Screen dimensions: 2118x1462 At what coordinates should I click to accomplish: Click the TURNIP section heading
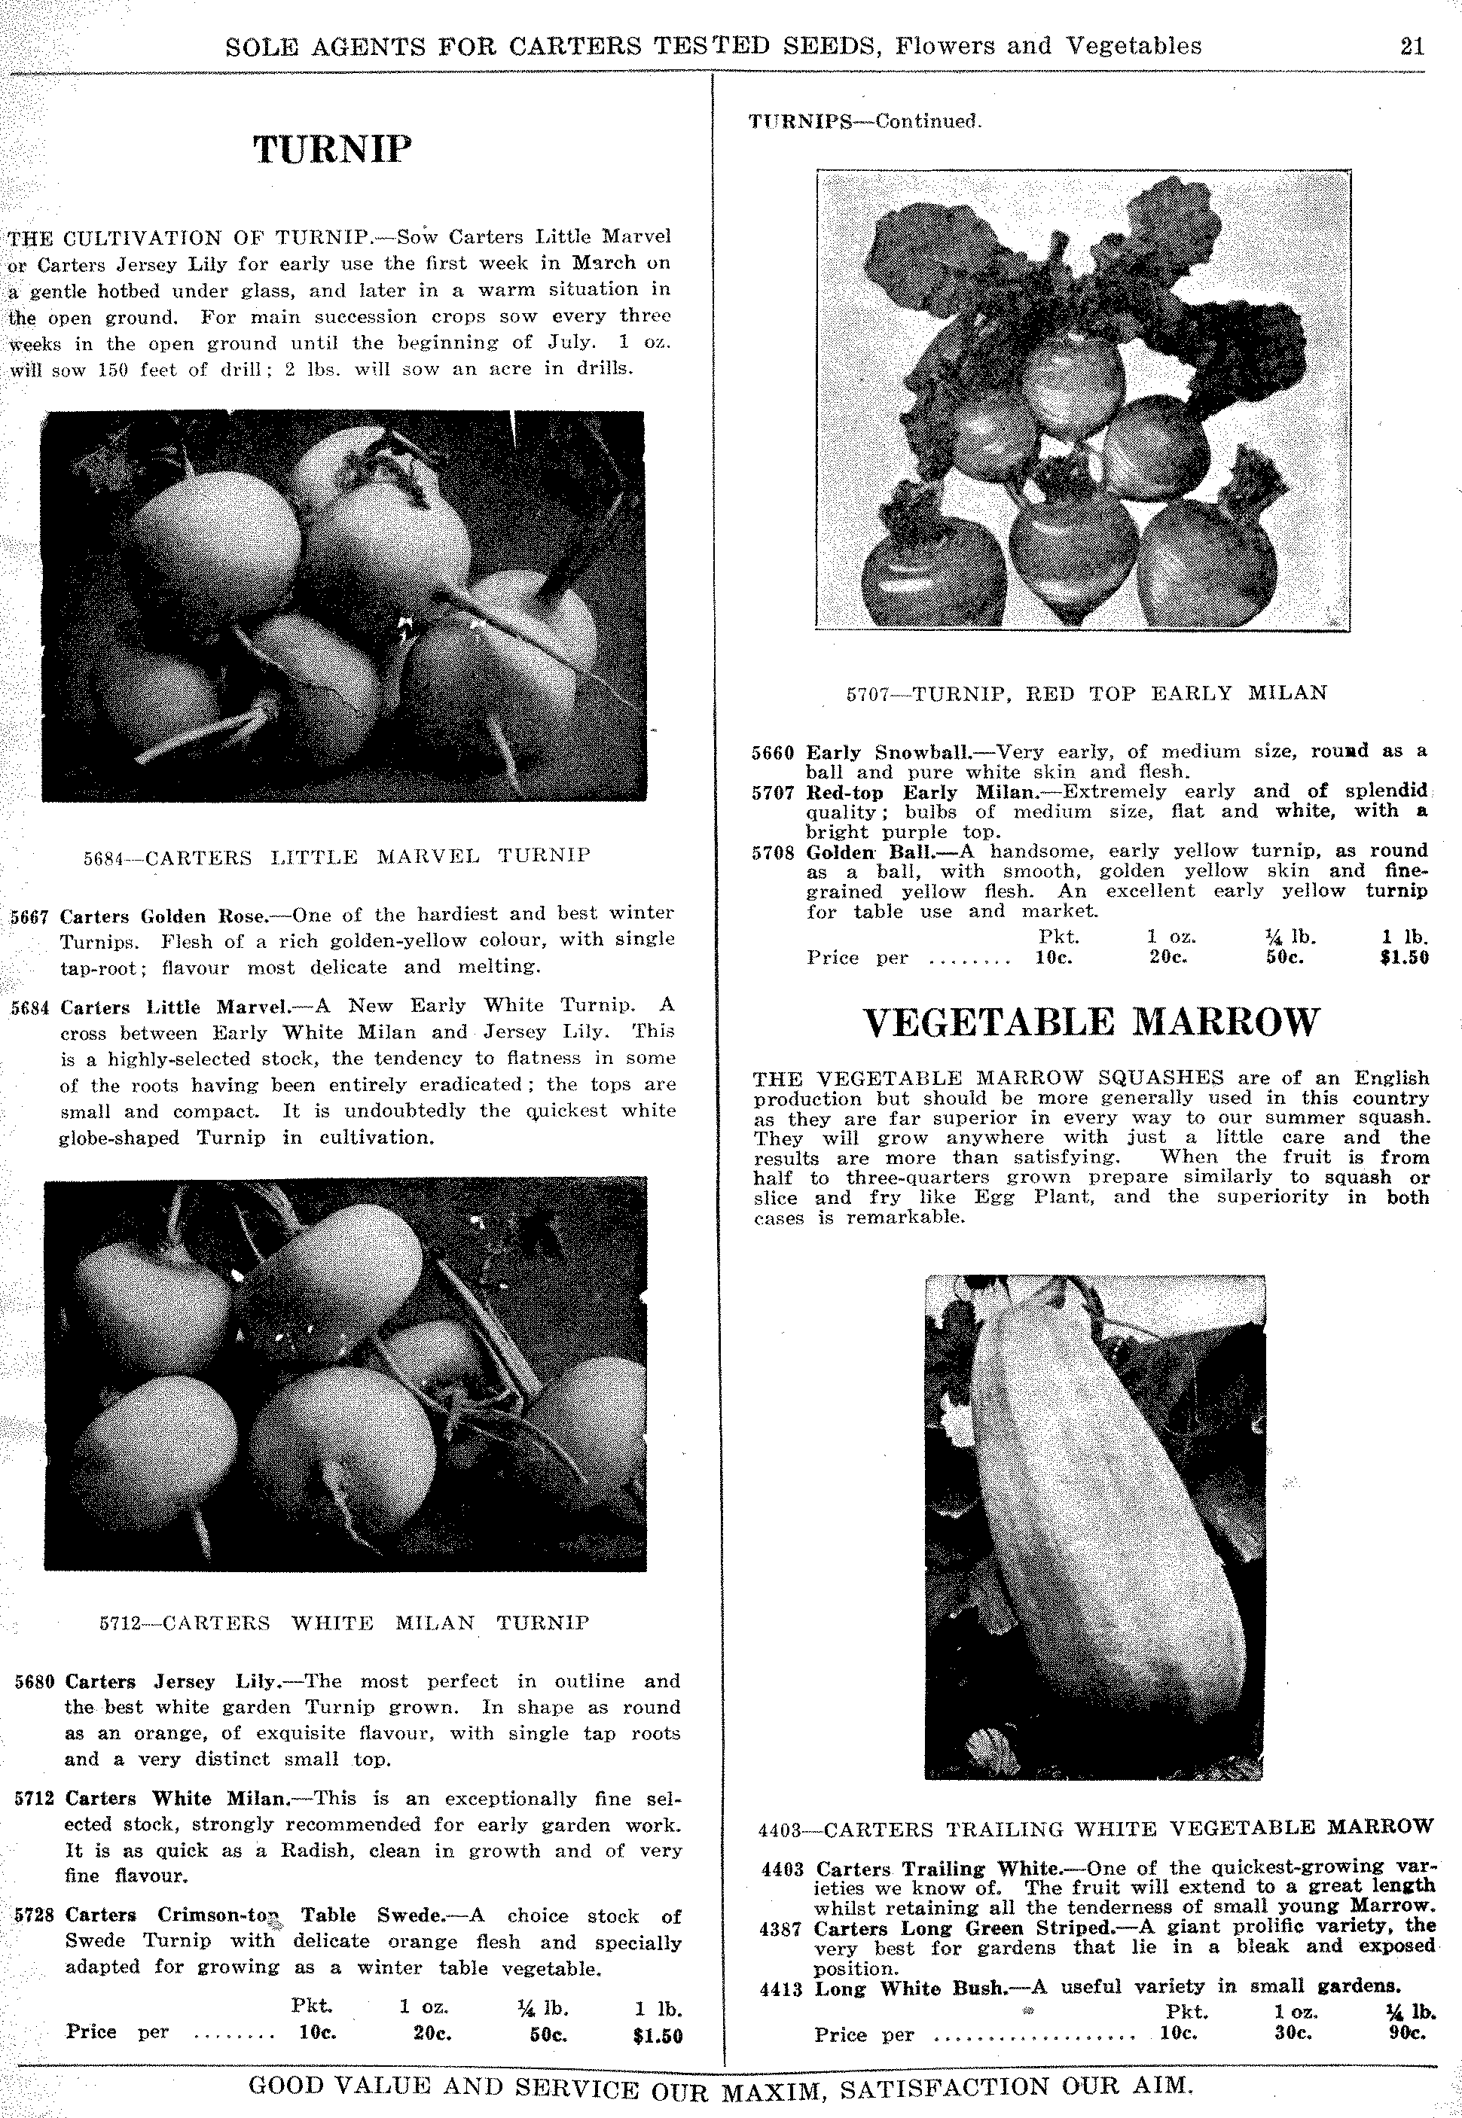[332, 148]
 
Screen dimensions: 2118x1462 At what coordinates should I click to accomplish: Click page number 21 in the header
[1412, 46]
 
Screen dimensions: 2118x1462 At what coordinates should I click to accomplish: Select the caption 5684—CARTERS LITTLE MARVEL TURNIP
[337, 856]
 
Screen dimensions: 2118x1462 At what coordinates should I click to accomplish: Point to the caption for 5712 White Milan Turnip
[343, 1623]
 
